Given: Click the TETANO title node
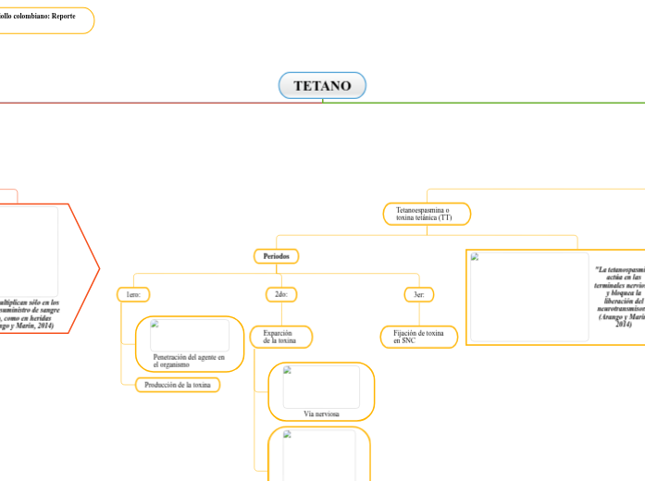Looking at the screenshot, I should pos(322,86).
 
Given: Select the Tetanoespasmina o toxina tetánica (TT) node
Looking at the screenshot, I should pos(427,215).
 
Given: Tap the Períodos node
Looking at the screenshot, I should pos(276,255).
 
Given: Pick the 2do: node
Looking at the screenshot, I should pos(280,294).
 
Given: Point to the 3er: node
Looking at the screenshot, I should pos(418,294).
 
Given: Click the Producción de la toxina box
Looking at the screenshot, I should pos(178,385).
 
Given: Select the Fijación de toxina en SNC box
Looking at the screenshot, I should pos(418,337).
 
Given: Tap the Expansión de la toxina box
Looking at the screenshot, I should pos(280,337).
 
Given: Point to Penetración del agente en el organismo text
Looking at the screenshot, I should pos(189,361).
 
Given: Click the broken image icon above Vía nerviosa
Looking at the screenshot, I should pos(288,371).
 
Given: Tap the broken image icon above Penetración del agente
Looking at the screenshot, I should pos(155,325).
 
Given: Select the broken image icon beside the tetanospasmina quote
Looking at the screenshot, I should pos(475,258).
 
